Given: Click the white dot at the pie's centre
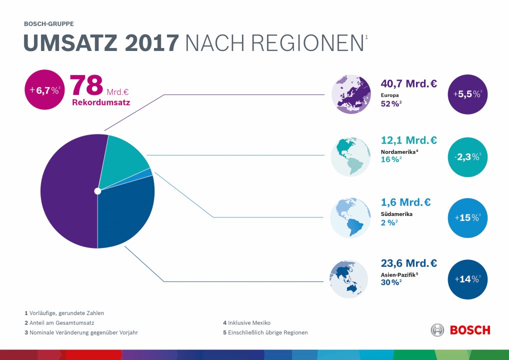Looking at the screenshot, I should [x=97, y=191].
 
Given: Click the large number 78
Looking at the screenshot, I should [x=86, y=85].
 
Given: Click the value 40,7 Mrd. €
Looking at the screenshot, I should [x=408, y=83].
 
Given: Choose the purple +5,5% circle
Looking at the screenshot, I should [x=467, y=94].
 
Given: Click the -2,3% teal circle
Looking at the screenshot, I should [x=467, y=157].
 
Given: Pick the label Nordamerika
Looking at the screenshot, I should [x=398, y=151].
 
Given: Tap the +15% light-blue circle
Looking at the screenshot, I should [x=467, y=218].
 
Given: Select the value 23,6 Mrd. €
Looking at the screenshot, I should [x=408, y=263].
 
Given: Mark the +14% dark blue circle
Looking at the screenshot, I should [x=467, y=279].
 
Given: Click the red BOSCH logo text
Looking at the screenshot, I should [x=470, y=330].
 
